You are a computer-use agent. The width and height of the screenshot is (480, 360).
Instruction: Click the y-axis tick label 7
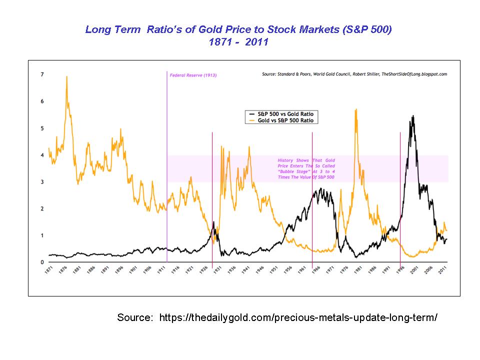[x=42, y=74]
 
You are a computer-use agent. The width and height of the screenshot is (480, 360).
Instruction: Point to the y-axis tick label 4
[x=42, y=155]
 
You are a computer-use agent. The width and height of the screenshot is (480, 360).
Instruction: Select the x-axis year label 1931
[x=218, y=270]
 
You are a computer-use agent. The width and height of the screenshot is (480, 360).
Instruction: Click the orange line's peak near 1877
[x=66, y=76]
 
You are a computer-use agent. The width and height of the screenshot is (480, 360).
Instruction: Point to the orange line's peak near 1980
[x=356, y=109]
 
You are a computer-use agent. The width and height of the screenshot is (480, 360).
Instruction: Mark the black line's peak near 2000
[x=413, y=116]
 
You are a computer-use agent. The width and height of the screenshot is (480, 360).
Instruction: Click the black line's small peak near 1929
[x=214, y=222]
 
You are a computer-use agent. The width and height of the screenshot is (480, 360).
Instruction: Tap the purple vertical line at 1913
[x=166, y=165]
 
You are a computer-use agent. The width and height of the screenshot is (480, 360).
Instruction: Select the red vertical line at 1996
[x=400, y=195]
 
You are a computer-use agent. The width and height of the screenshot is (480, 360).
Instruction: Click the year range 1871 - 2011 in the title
[x=239, y=42]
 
